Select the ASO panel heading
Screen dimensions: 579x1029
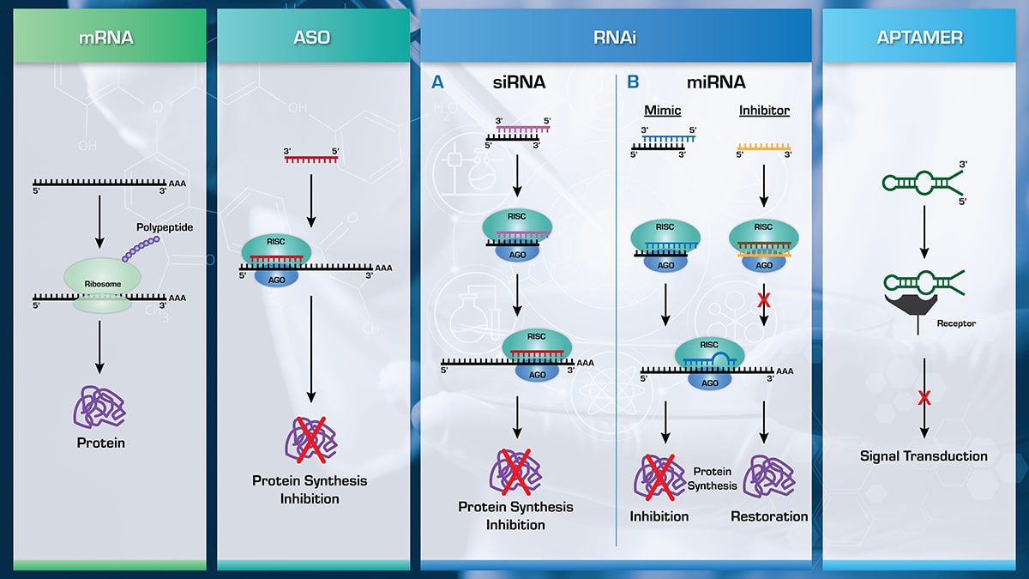(311, 37)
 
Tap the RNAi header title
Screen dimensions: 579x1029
(615, 37)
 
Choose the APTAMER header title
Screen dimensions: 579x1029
(919, 37)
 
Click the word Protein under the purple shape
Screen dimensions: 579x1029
(99, 443)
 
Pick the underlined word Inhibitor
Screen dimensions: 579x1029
(764, 111)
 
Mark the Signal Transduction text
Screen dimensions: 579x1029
(924, 456)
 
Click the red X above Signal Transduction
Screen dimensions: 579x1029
(924, 397)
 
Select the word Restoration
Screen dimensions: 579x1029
(769, 516)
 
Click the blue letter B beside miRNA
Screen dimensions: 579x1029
(633, 82)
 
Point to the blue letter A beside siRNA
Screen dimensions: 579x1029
(437, 82)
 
